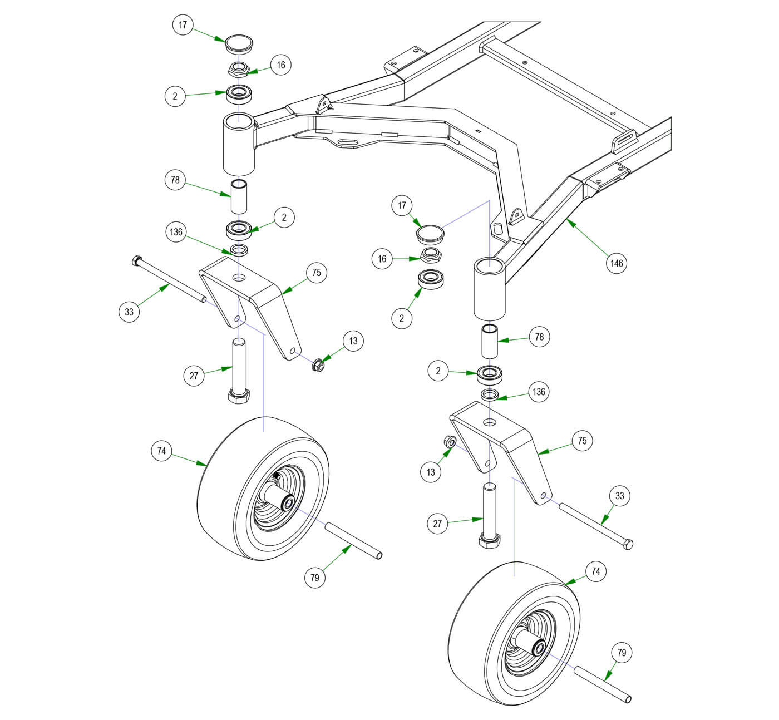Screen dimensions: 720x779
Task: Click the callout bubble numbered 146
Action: pyautogui.click(x=617, y=263)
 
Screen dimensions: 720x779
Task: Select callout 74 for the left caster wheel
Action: pyautogui.click(x=161, y=451)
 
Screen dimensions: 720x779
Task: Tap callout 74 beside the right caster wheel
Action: pyautogui.click(x=596, y=571)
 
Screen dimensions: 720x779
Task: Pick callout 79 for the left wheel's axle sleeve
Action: pyautogui.click(x=315, y=578)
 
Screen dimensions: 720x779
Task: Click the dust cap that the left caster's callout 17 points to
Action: pyautogui.click(x=238, y=42)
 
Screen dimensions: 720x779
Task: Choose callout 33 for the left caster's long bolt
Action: pyautogui.click(x=129, y=312)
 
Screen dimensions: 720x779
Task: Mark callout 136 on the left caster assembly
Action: pyautogui.click(x=176, y=232)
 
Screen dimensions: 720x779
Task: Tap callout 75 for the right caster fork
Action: pyautogui.click(x=582, y=441)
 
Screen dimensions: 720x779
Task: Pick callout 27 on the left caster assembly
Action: pyautogui.click(x=194, y=376)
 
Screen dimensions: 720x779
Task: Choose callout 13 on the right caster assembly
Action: pyautogui.click(x=431, y=472)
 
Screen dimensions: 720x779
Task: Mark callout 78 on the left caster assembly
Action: pyautogui.click(x=175, y=180)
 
